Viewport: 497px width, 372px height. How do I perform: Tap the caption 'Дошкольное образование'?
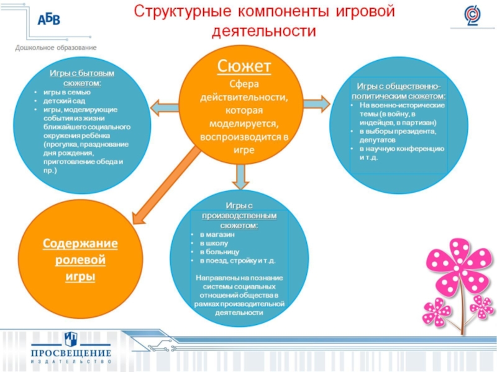pos(56,47)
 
